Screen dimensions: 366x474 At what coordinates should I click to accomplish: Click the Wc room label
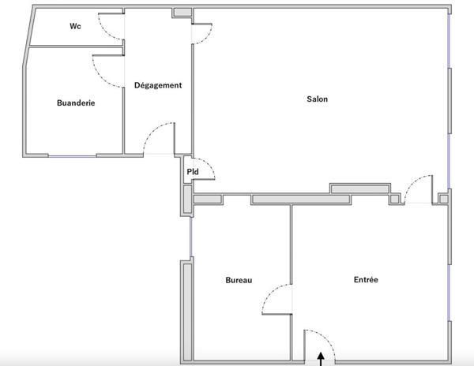pos(76,26)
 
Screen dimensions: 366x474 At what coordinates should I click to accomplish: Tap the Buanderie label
pos(76,103)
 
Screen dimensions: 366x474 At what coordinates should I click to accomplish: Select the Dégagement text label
pos(158,85)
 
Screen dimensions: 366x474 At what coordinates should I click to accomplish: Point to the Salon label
pos(318,99)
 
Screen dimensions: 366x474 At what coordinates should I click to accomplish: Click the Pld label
pos(192,171)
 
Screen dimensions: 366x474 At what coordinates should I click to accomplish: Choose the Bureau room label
pos(239,280)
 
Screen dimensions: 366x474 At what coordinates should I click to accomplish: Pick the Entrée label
pos(365,280)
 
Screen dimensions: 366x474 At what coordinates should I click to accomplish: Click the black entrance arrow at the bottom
pos(321,360)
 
